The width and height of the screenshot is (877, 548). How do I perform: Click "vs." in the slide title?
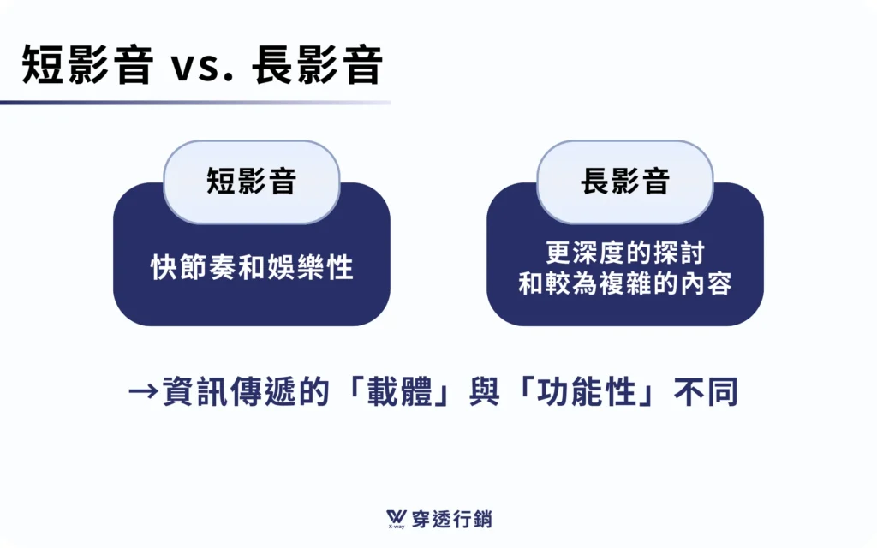click(202, 67)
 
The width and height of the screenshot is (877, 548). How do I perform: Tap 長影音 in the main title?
click(318, 65)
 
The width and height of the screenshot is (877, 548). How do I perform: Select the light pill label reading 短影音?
click(252, 182)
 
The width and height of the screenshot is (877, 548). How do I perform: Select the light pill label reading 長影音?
click(624, 182)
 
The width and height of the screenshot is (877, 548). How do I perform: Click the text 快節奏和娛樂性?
click(252, 267)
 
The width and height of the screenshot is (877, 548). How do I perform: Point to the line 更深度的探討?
click(624, 253)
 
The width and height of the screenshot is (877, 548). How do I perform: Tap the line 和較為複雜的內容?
click(624, 283)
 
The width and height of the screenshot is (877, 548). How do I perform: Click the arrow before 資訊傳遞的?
click(143, 391)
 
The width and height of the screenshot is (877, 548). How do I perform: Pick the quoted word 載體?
click(400, 391)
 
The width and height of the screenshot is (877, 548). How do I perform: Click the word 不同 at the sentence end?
click(706, 391)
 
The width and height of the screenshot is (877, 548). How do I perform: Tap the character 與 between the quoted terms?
click(485, 391)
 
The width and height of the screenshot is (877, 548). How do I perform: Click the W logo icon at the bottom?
click(397, 517)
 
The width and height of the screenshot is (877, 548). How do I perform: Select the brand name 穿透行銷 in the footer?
click(452, 520)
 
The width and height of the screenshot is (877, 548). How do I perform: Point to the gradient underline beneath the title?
click(195, 103)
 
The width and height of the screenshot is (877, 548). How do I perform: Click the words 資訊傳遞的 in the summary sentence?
click(246, 391)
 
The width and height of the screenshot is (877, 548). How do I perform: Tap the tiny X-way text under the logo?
click(396, 527)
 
